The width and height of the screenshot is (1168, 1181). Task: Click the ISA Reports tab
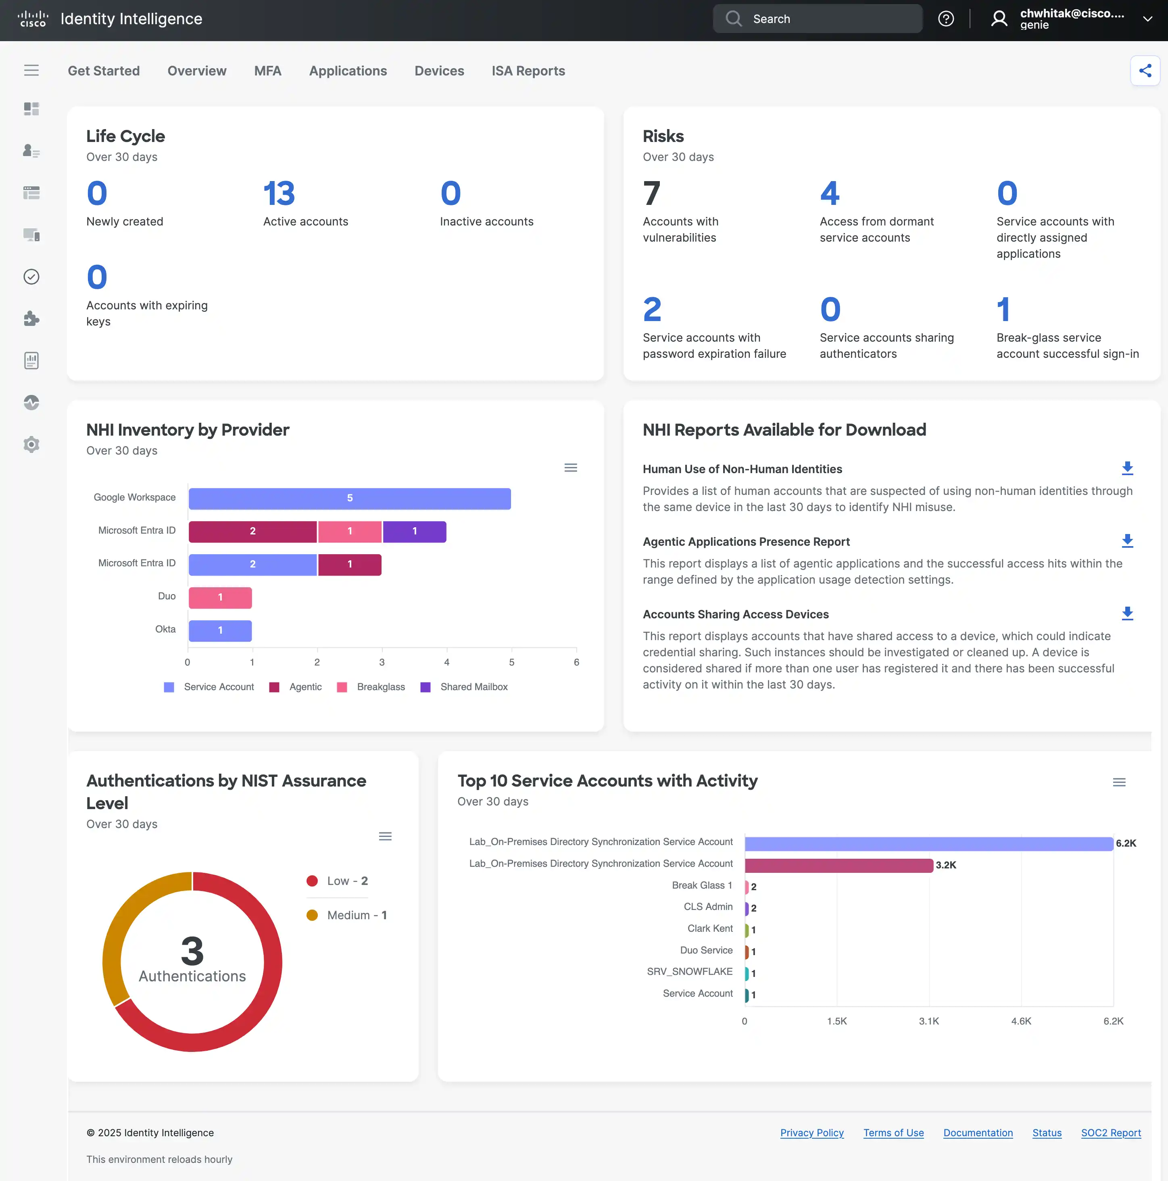point(528,71)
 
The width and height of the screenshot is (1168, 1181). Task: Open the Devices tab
point(439,71)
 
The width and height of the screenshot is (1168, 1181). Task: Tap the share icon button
point(1145,71)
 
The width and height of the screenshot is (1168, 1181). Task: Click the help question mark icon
point(945,19)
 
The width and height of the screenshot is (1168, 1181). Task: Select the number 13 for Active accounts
point(279,194)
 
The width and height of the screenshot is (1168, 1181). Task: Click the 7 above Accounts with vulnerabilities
point(651,194)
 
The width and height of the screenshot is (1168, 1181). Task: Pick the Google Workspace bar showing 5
point(350,498)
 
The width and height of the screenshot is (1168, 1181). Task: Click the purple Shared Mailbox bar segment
point(414,531)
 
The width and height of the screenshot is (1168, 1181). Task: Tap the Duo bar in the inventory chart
point(220,597)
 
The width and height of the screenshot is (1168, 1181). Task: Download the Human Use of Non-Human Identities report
point(1127,468)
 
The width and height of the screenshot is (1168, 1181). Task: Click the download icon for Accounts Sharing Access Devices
point(1127,614)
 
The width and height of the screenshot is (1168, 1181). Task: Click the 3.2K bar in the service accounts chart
point(838,865)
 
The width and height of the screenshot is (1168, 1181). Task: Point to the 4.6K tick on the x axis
point(1021,1021)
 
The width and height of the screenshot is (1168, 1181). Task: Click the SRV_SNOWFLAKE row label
point(689,971)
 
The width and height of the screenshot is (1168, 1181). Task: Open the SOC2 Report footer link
point(1111,1133)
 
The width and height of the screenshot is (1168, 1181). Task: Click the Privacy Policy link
point(812,1133)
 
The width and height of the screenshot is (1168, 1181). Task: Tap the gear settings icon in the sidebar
point(31,444)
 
